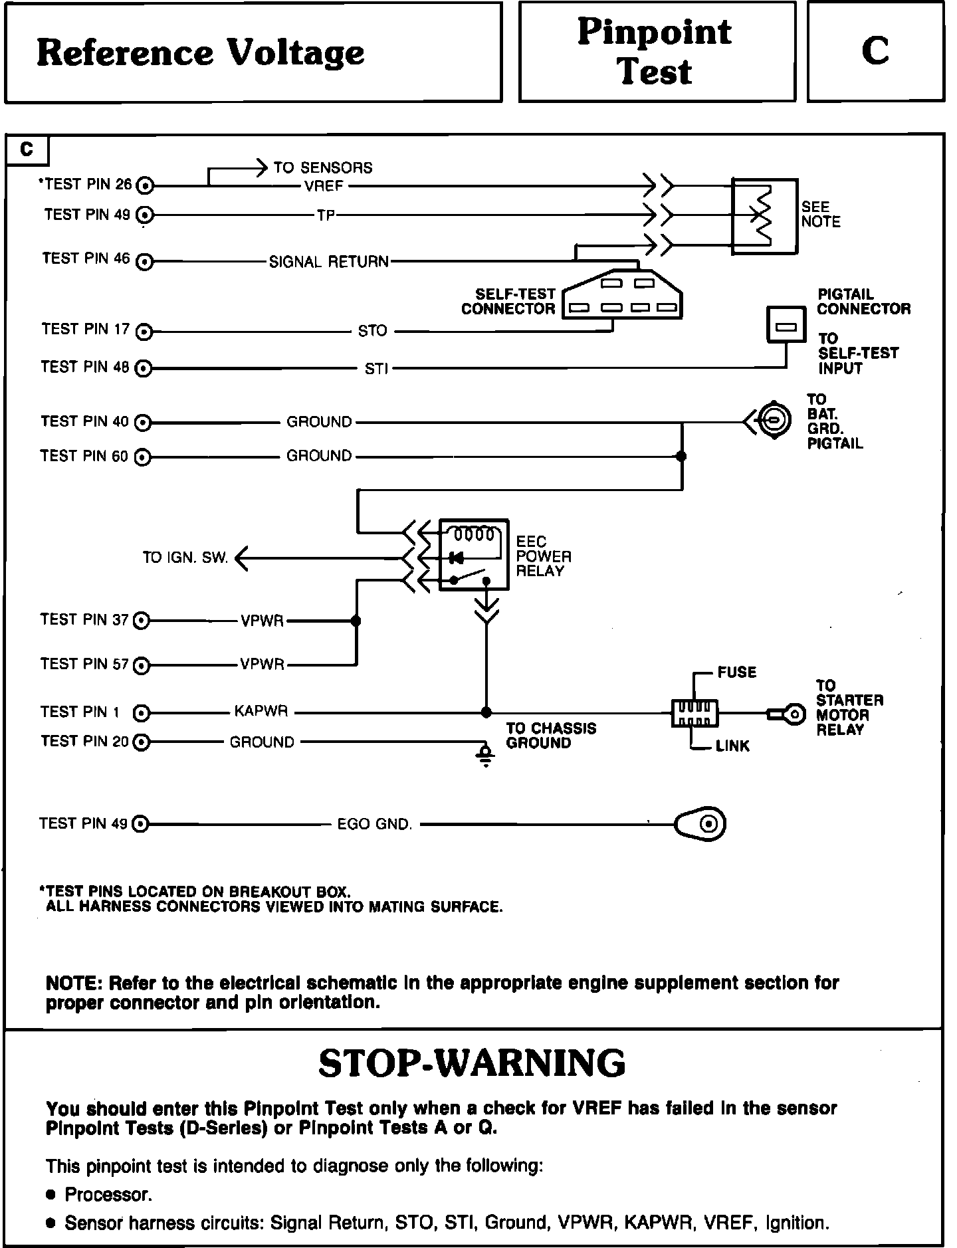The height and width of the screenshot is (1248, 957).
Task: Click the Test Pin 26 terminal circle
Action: point(145,185)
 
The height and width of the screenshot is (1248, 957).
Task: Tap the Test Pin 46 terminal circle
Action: point(144,262)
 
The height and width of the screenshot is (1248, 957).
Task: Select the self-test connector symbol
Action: point(622,296)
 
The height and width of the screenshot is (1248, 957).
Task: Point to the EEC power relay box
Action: point(474,555)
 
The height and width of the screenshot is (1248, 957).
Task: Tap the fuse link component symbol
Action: point(695,714)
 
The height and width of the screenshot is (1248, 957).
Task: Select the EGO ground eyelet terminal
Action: point(701,824)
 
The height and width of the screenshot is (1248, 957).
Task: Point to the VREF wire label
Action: point(324,187)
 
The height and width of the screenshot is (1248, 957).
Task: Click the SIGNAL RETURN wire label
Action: point(329,262)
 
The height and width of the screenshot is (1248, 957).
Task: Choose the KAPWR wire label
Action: point(261,712)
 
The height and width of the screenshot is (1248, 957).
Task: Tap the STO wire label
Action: point(372,331)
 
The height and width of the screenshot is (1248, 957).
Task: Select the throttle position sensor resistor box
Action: point(764,216)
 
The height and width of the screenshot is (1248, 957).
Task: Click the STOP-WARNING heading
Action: point(472,1063)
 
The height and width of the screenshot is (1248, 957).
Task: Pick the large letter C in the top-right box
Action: point(875,51)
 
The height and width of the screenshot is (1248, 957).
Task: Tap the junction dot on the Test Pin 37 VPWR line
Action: point(356,621)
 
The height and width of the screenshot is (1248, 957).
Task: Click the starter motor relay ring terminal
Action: point(791,715)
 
